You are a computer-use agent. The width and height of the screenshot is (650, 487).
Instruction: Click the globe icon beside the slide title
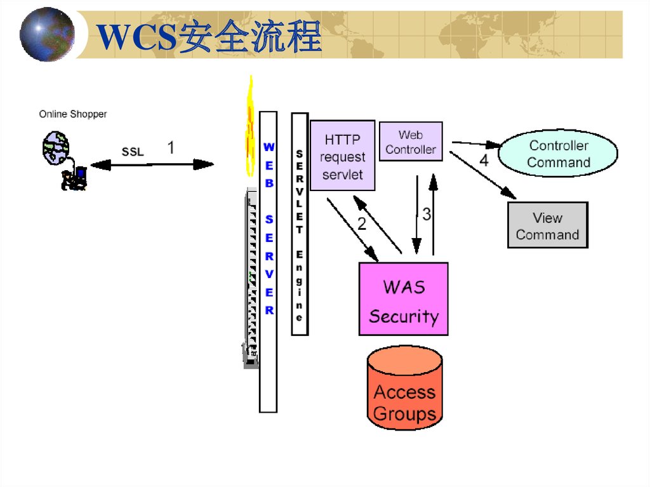click(47, 34)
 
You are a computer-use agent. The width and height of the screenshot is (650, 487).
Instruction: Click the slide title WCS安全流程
click(209, 37)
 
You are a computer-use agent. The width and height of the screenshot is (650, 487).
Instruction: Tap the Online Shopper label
click(73, 114)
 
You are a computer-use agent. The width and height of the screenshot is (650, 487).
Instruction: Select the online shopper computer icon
click(65, 161)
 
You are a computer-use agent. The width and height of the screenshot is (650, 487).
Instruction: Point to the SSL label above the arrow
click(133, 152)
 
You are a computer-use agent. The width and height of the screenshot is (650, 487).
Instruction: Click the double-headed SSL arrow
click(152, 165)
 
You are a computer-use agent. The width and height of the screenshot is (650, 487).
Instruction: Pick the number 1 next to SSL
click(171, 148)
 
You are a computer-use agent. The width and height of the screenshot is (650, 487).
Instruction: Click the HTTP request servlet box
click(343, 156)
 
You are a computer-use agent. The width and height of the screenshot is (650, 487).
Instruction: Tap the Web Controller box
click(411, 142)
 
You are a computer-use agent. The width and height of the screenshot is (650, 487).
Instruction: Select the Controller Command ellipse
click(558, 154)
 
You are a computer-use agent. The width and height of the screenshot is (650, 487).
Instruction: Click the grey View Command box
click(547, 225)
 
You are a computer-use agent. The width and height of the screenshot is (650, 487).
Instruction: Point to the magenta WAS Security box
click(404, 299)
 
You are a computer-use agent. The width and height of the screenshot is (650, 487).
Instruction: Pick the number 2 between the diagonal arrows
click(362, 223)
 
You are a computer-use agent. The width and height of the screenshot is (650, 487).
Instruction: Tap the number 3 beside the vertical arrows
click(427, 215)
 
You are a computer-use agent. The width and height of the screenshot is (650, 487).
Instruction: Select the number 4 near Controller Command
click(484, 160)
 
